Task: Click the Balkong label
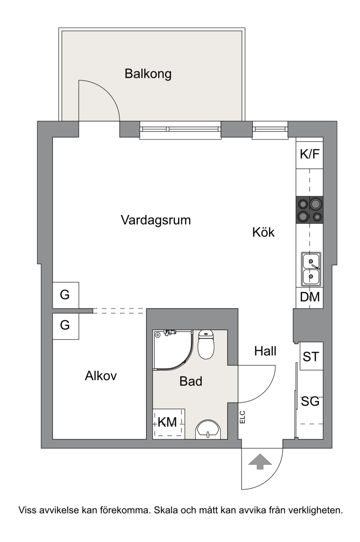[148, 73]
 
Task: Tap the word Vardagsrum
[156, 220]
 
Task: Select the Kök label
[263, 232]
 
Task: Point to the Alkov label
[101, 375]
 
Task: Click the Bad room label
[191, 381]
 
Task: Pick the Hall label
[265, 351]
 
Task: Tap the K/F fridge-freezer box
[310, 153]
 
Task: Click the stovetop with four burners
[310, 209]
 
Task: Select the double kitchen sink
[311, 269]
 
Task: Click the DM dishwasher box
[310, 298]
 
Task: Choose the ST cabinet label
[311, 357]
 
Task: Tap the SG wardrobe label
[310, 402]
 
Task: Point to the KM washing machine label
[167, 422]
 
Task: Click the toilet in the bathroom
[206, 344]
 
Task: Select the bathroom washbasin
[208, 429]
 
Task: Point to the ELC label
[243, 417]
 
